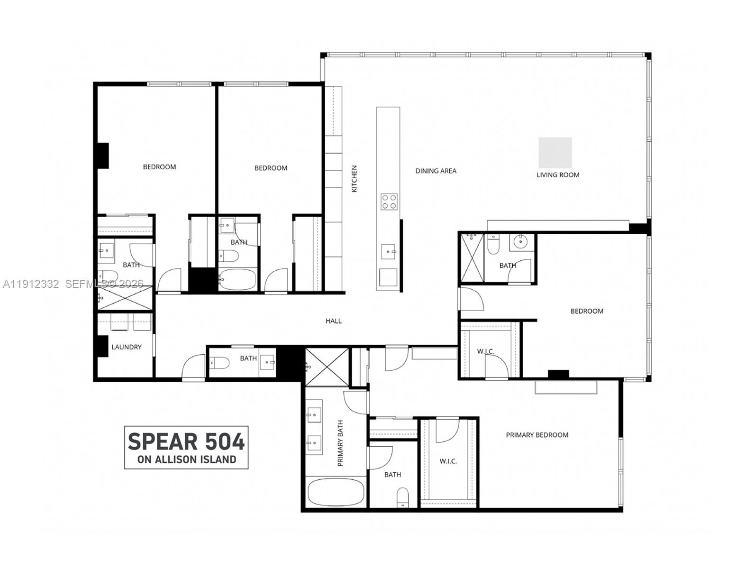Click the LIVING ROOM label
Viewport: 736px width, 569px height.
(x=557, y=175)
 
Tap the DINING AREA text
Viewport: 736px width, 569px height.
(x=436, y=171)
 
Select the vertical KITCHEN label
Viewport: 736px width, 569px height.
(x=354, y=179)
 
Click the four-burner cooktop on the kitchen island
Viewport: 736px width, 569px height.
(x=389, y=202)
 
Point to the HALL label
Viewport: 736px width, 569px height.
(x=334, y=321)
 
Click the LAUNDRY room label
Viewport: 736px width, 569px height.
(x=127, y=347)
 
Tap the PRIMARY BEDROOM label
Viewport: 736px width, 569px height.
(x=537, y=435)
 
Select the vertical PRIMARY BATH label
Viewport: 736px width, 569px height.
(x=340, y=443)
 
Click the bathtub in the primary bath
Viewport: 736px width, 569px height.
(x=336, y=492)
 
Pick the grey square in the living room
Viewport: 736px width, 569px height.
(x=555, y=153)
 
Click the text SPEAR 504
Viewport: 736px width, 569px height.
(x=186, y=442)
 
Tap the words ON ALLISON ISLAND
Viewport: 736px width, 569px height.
(x=187, y=459)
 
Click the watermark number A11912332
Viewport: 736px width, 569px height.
(x=31, y=284)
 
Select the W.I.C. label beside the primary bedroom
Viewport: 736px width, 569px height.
(x=448, y=461)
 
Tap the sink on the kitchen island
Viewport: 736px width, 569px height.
(x=388, y=252)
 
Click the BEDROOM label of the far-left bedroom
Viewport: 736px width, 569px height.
(x=160, y=167)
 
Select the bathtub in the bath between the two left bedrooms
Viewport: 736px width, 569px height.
(x=237, y=279)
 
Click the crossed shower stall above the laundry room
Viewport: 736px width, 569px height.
(x=125, y=298)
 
